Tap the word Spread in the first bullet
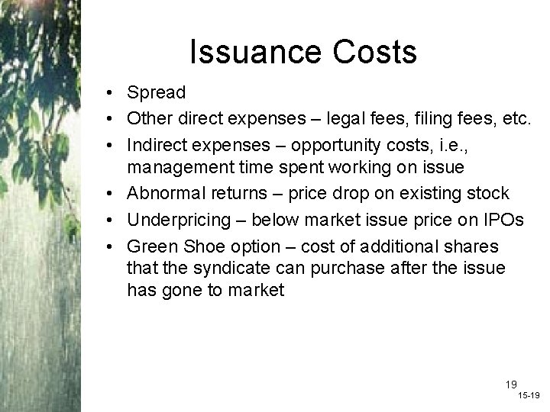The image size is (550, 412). pos(157,93)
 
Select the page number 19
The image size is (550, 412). pos(510,384)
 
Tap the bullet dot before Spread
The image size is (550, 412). pos(112,93)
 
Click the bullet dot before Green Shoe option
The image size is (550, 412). pos(112,246)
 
